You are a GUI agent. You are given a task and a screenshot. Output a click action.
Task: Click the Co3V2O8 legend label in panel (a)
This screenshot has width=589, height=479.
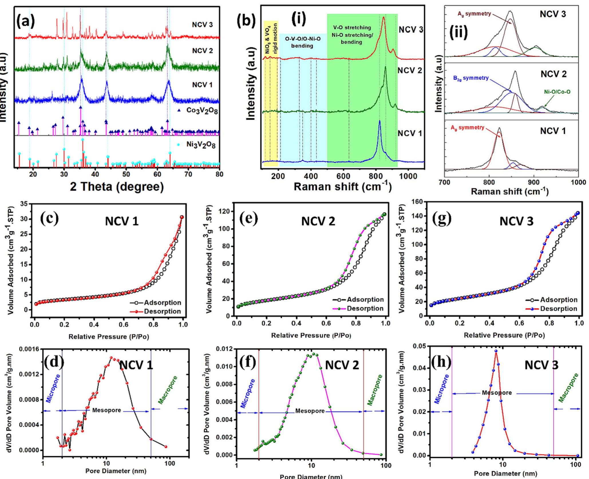point(201,111)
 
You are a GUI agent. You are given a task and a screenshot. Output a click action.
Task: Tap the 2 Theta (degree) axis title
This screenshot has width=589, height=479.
point(117,187)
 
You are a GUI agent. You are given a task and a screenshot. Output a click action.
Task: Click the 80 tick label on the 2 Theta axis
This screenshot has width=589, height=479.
point(219,174)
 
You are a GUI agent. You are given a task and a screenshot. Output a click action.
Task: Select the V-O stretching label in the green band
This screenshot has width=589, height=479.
point(352,28)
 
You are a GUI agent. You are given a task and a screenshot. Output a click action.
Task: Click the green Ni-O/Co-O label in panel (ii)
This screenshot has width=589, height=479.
point(559,92)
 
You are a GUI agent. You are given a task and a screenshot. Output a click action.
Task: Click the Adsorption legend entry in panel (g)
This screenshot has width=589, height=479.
point(558,300)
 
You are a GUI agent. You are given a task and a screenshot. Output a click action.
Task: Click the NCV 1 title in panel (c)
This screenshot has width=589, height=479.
point(122,222)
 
